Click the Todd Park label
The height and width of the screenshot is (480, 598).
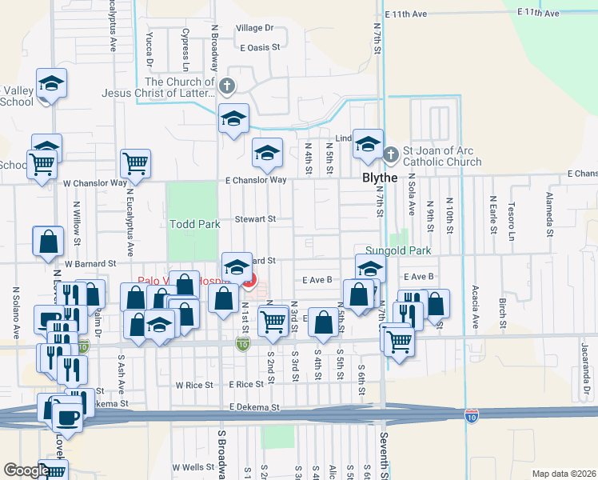194,225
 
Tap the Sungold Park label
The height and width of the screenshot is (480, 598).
398,250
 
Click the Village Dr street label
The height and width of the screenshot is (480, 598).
254,28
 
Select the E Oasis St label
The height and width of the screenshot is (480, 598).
260,47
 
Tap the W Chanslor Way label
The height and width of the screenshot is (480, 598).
95,183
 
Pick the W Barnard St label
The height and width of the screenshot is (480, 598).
90,262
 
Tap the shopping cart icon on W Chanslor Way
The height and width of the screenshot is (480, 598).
135,163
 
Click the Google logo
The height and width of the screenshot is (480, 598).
26,471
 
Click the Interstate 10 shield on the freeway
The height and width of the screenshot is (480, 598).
472,416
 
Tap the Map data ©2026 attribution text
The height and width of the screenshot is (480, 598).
564,474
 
